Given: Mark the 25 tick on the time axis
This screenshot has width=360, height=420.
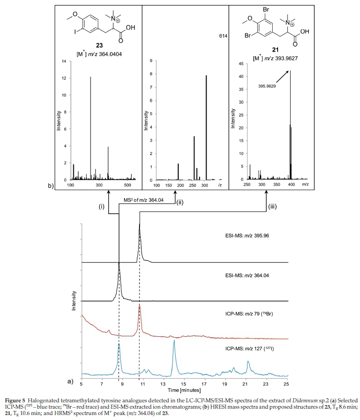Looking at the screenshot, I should pos(286,384).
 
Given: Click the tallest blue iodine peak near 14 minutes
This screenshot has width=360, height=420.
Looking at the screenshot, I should pos(174,341).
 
